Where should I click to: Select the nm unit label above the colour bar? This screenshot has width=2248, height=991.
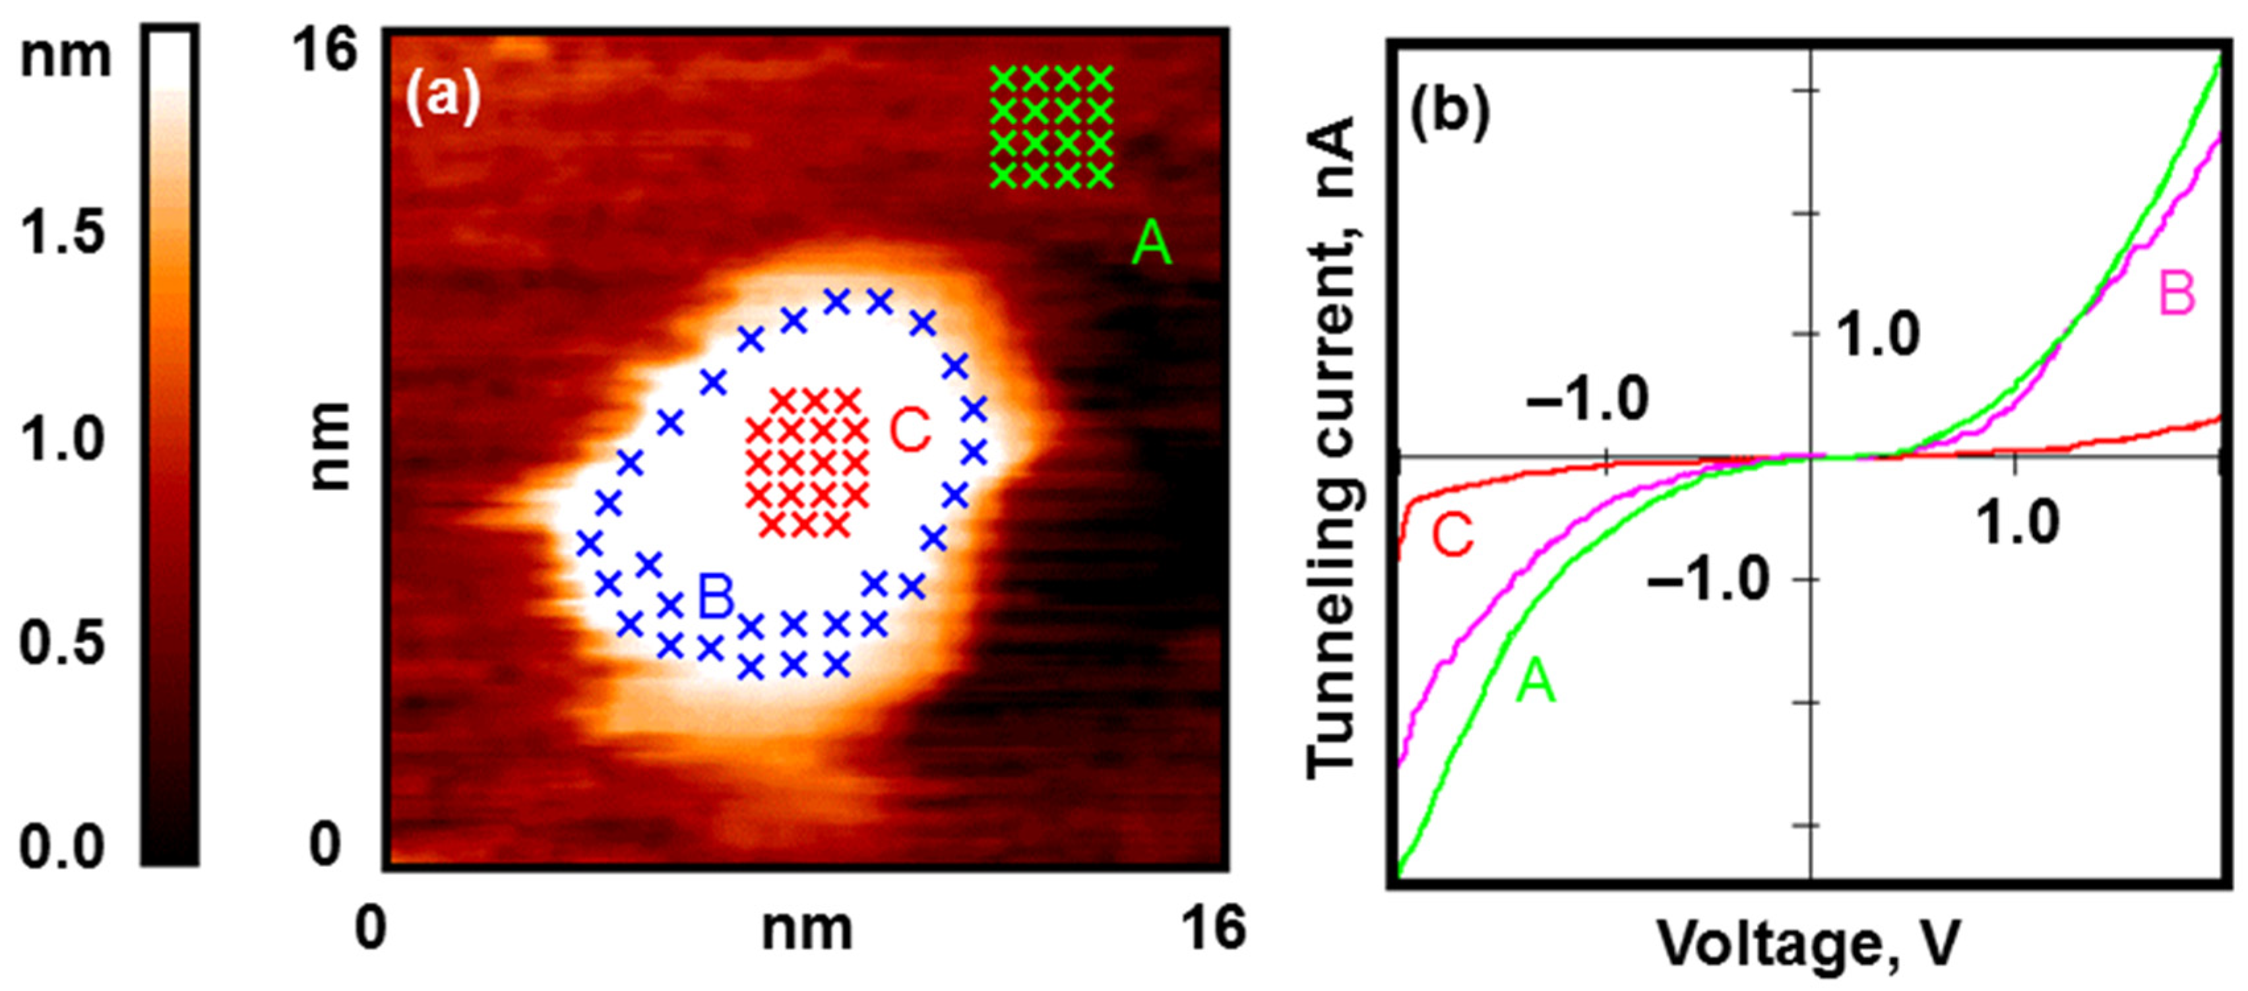click(67, 57)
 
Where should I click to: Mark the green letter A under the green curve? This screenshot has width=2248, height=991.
click(1536, 681)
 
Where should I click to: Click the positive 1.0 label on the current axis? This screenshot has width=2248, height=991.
click(1879, 334)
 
